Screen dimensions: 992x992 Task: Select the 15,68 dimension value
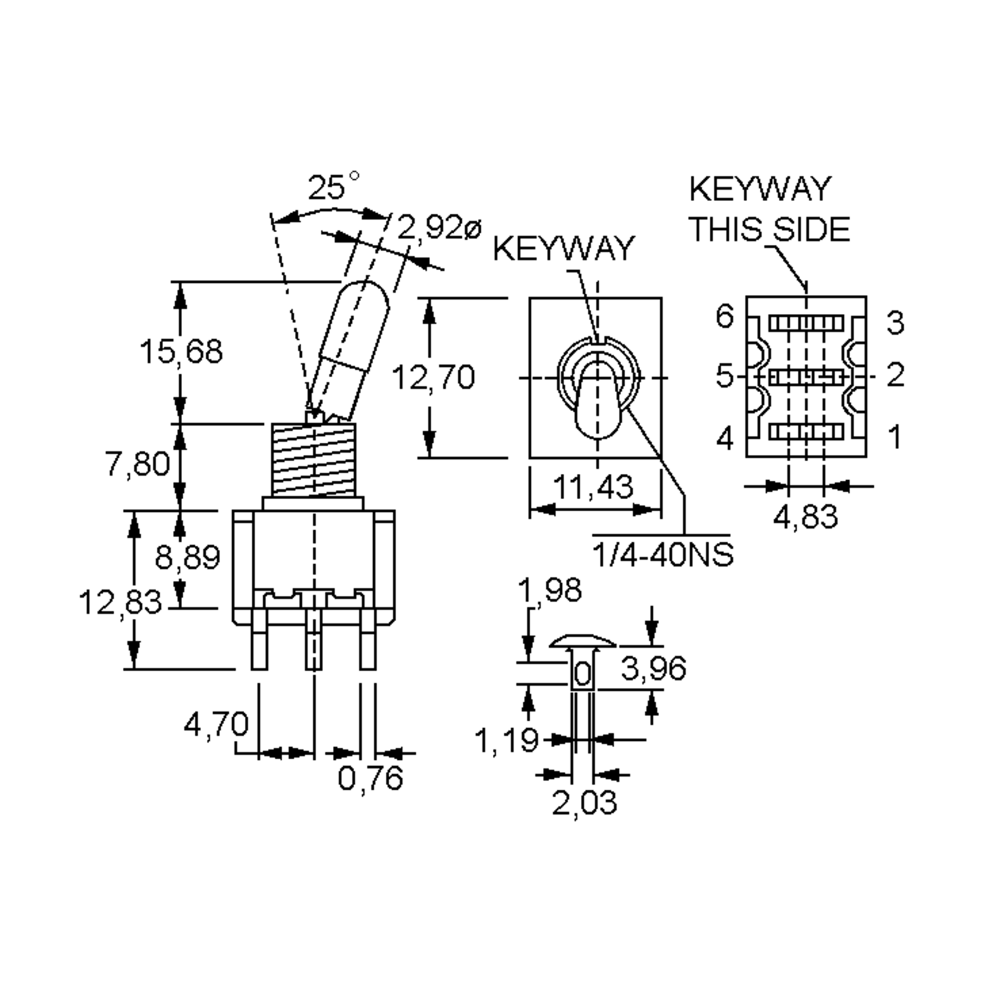[181, 352]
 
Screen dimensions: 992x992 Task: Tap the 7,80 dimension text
[138, 464]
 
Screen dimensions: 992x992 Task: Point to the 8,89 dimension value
[187, 557]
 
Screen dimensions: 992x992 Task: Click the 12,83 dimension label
[120, 603]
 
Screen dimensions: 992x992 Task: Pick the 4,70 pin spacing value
[216, 725]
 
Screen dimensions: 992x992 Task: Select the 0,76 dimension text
[370, 778]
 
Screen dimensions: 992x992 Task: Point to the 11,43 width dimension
[593, 487]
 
